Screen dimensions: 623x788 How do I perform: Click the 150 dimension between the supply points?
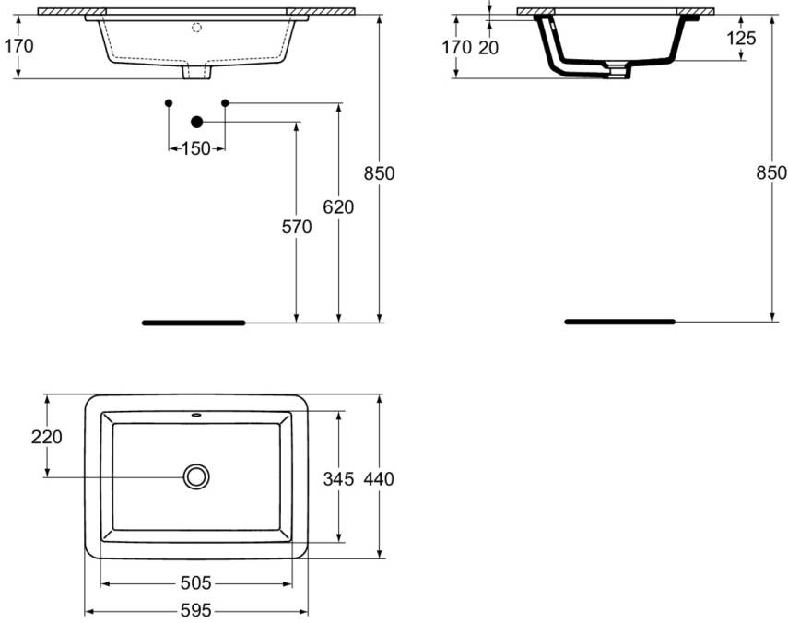click(195, 148)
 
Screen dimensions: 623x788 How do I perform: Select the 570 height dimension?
click(297, 228)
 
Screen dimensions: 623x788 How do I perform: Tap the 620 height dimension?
click(338, 207)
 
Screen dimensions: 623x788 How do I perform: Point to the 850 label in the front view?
click(379, 172)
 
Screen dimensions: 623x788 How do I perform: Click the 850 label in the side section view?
click(770, 172)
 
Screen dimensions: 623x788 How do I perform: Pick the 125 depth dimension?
click(741, 38)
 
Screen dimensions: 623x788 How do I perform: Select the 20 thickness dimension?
click(488, 47)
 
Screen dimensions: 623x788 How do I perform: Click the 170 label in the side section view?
click(456, 47)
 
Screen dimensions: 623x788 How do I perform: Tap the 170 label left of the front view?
click(18, 45)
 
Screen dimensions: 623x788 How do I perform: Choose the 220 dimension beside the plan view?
click(46, 437)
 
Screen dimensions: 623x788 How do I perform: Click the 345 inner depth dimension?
click(338, 478)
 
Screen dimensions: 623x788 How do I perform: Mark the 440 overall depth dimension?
click(378, 478)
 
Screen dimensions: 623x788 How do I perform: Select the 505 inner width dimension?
click(195, 583)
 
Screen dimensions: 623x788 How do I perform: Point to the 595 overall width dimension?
click(195, 610)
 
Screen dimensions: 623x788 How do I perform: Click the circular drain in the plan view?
click(195, 476)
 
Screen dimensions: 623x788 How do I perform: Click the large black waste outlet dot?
click(195, 122)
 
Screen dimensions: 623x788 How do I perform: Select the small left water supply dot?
click(168, 102)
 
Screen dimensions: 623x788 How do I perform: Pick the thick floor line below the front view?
click(194, 323)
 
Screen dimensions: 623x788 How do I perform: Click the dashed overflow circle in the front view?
click(195, 28)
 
